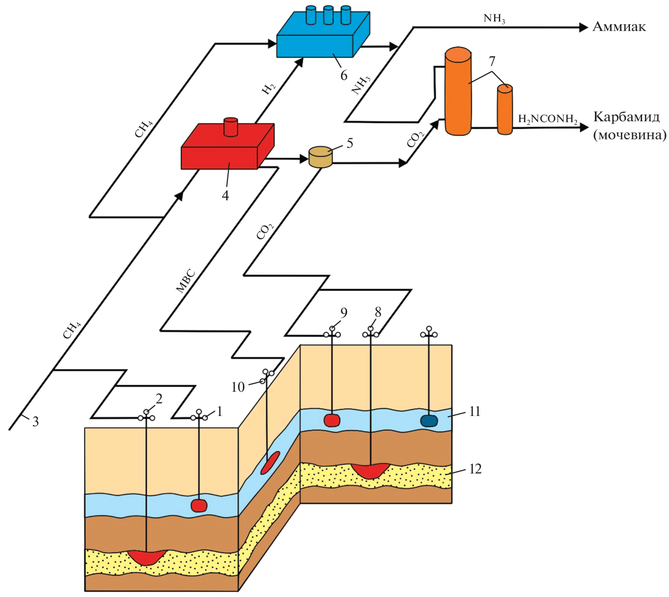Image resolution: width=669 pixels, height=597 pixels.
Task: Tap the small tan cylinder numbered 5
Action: (x=321, y=157)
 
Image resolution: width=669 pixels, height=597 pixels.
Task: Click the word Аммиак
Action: (x=619, y=27)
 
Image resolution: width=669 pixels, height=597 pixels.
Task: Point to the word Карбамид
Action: (x=626, y=117)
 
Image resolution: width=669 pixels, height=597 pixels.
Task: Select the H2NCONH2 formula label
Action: (x=547, y=119)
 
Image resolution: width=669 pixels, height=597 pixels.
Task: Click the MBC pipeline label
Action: (x=186, y=281)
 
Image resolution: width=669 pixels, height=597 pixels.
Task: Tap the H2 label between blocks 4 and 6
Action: (x=268, y=88)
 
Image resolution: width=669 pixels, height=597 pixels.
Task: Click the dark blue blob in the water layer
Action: (x=429, y=421)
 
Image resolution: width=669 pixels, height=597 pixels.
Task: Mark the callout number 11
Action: (x=475, y=411)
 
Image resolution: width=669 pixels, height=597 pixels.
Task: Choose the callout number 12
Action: (x=475, y=469)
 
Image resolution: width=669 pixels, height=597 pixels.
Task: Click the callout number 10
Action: (x=238, y=387)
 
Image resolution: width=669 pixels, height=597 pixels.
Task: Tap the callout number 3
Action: (x=35, y=421)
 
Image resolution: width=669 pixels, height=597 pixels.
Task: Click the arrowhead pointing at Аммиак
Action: (x=583, y=27)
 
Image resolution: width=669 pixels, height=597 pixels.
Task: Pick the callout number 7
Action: (x=492, y=61)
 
